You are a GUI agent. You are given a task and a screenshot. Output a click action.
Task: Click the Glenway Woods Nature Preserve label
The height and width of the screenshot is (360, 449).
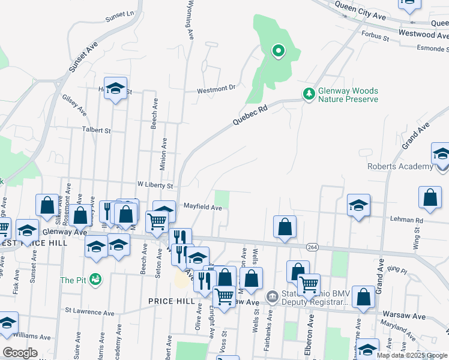[x=348, y=94]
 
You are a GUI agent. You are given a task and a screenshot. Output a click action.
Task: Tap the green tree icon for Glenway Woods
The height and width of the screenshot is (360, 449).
[x=309, y=94]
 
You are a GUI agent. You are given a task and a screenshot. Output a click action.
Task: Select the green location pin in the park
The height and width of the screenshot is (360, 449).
[x=278, y=52]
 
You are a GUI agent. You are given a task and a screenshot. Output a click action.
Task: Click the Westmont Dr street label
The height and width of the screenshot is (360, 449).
[x=217, y=89]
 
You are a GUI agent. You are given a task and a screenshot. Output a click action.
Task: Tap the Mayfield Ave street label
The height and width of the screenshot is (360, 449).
[x=203, y=208]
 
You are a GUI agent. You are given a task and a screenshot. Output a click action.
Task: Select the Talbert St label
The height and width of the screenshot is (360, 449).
[x=97, y=130]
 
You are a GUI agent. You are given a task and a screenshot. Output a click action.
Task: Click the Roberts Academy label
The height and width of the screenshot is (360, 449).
[x=400, y=166]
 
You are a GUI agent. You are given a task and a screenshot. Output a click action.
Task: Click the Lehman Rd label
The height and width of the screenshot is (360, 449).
[x=411, y=220]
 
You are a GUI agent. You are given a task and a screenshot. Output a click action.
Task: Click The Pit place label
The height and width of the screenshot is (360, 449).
[x=72, y=280]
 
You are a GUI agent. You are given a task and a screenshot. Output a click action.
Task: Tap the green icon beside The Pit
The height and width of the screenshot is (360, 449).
[x=94, y=280]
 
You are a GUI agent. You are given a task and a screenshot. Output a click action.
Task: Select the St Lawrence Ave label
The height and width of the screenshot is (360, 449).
[x=89, y=313]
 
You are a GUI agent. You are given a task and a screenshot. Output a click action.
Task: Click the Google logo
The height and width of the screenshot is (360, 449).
[x=20, y=353]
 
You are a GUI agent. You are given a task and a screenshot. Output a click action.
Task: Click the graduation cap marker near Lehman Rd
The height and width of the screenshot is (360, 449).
[x=358, y=206]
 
